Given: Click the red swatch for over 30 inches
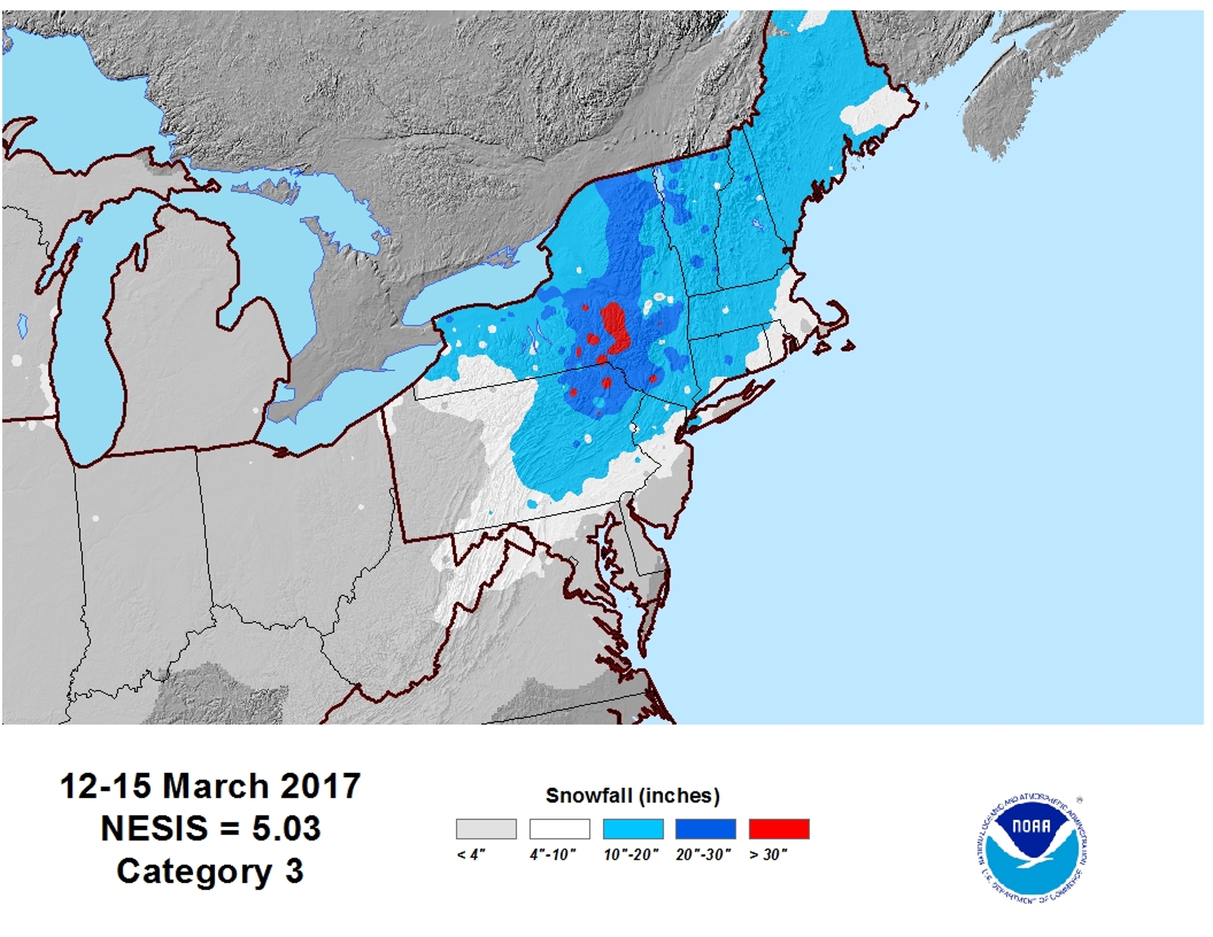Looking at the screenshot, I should click(x=779, y=829).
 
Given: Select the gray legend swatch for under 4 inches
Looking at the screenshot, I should click(x=486, y=829).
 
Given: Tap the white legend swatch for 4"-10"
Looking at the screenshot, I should click(x=559, y=829).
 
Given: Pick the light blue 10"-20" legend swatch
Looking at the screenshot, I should click(x=633, y=829).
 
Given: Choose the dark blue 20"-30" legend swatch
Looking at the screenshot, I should click(x=705, y=829).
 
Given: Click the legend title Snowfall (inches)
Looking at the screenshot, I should click(x=633, y=796).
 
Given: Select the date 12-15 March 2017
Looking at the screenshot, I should click(x=210, y=786).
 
